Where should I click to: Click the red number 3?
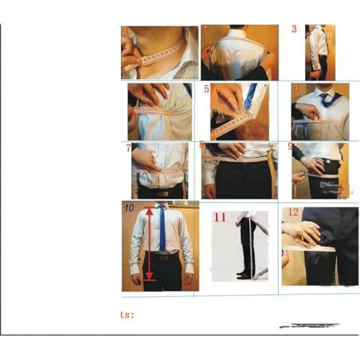294,30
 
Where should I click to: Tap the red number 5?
207,90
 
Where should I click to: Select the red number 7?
128,148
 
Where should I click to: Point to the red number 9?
290,147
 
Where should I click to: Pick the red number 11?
220,217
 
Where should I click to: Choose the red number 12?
293,212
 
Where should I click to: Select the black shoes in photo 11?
246,274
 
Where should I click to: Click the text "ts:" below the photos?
127,314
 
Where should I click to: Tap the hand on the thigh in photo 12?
302,232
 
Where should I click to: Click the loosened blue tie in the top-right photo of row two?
328,99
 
